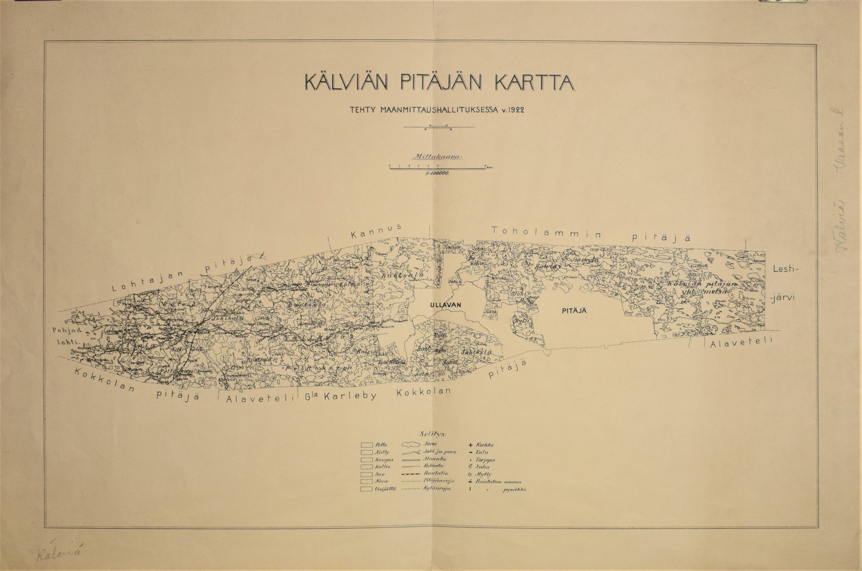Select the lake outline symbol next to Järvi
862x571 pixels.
click(x=411, y=445)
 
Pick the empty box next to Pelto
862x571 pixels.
click(x=367, y=445)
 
